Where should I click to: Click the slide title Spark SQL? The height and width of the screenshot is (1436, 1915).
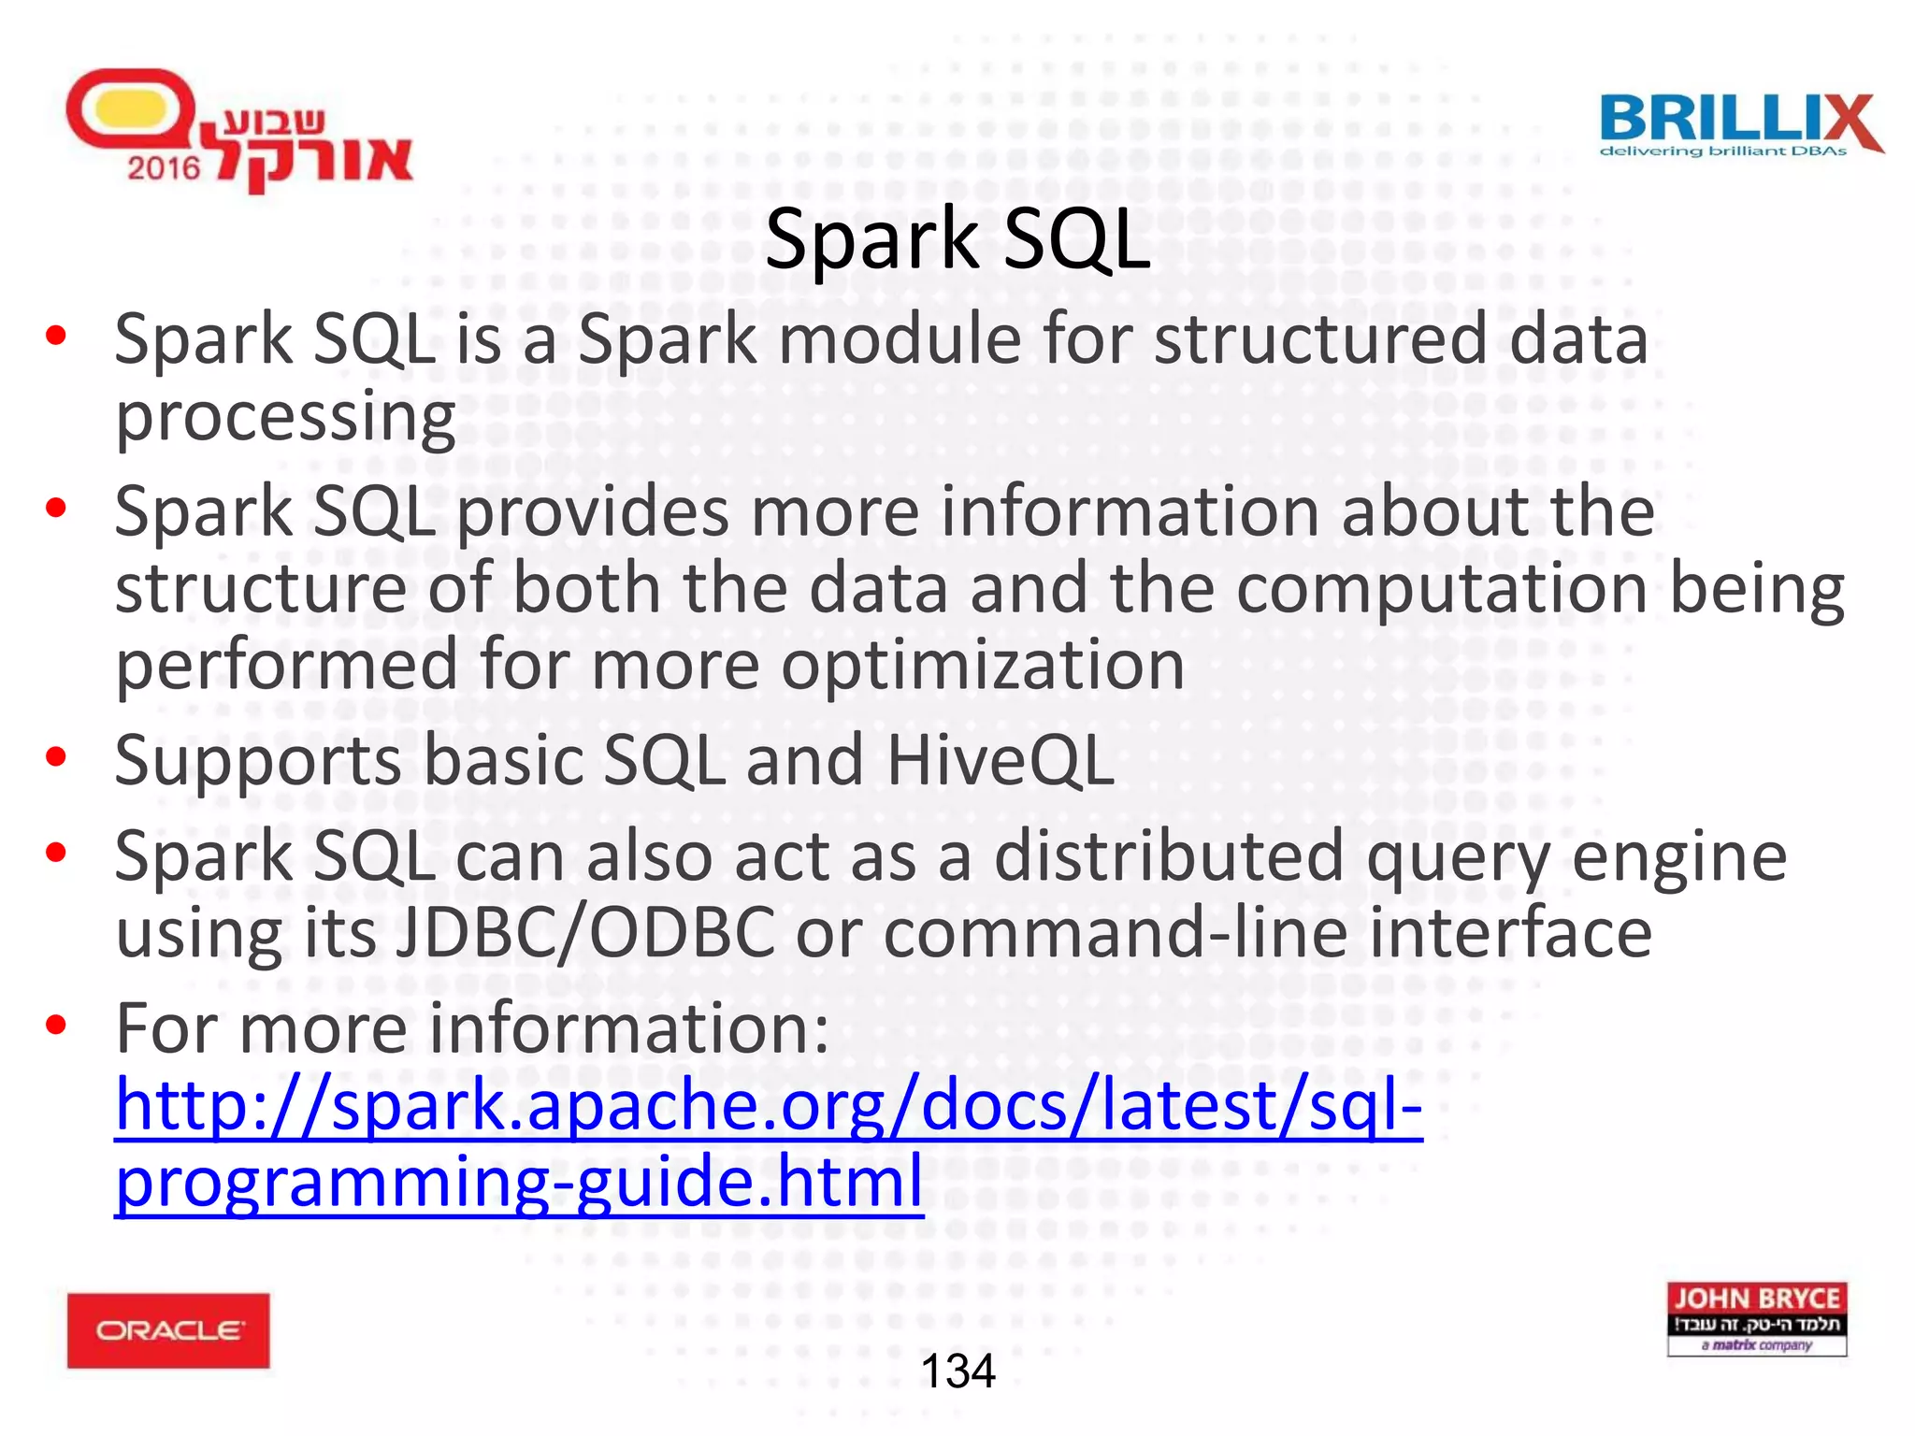coord(957,239)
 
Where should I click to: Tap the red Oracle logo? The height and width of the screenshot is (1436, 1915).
coord(168,1330)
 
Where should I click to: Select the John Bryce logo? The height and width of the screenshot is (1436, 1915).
coord(1756,1318)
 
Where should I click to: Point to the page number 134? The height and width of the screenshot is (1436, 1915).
coord(957,1371)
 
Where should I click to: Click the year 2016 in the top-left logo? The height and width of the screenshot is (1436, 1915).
coord(164,168)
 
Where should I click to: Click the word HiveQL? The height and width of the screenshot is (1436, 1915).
coord(1000,759)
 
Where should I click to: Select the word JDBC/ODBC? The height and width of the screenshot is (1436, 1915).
coord(585,932)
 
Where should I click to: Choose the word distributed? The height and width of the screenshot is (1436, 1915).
coord(1168,855)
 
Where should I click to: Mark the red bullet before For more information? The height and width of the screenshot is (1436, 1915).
coord(56,1025)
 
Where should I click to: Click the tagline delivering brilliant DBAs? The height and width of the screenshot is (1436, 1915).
coord(1722,151)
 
